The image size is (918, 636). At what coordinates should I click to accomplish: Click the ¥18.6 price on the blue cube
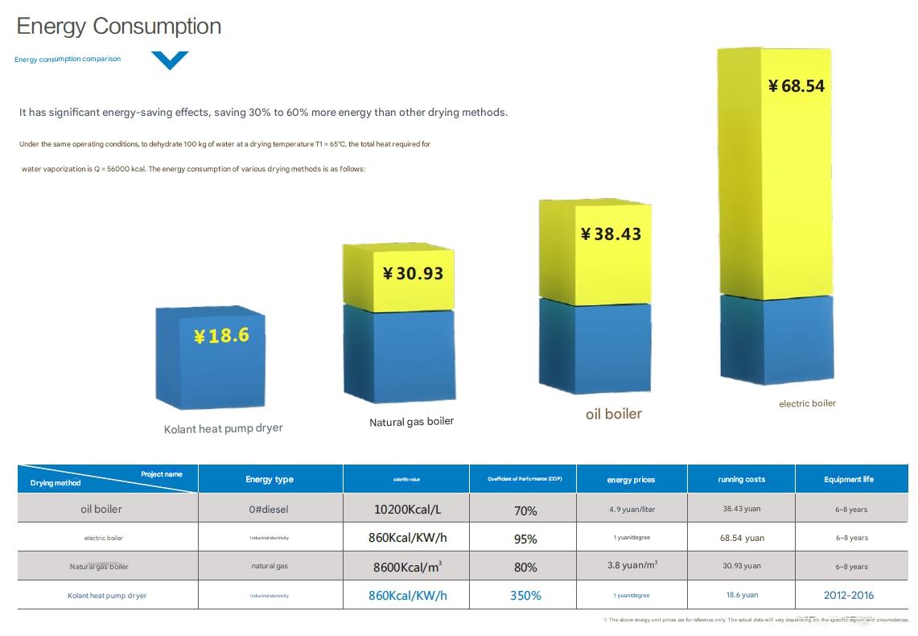pyautogui.click(x=221, y=336)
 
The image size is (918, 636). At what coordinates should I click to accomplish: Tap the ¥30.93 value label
pyautogui.click(x=414, y=274)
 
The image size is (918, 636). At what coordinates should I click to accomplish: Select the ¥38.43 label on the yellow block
pyautogui.click(x=611, y=234)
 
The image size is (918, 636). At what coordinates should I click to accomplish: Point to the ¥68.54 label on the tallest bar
pyautogui.click(x=797, y=86)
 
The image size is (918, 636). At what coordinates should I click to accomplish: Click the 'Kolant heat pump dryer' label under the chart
pyautogui.click(x=224, y=428)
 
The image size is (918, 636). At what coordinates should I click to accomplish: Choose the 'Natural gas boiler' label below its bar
pyautogui.click(x=412, y=422)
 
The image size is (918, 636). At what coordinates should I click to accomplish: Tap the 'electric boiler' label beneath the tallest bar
pyautogui.click(x=807, y=403)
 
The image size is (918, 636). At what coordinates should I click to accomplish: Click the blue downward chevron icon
pyautogui.click(x=170, y=60)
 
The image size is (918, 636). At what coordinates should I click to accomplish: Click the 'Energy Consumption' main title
pyautogui.click(x=119, y=26)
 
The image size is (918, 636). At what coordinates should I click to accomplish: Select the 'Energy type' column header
pyautogui.click(x=270, y=480)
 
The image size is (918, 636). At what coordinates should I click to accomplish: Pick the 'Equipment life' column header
pyautogui.click(x=849, y=480)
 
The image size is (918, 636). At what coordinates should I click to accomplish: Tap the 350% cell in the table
pyautogui.click(x=525, y=596)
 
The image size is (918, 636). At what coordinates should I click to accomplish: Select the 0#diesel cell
pyautogui.click(x=270, y=510)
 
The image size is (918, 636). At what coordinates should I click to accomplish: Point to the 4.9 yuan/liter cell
pyautogui.click(x=632, y=510)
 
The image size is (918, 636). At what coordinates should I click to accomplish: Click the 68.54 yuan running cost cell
pyautogui.click(x=743, y=538)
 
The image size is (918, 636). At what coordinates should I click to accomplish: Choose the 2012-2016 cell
pyautogui.click(x=849, y=596)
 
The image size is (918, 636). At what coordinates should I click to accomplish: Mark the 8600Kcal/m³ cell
pyautogui.click(x=407, y=567)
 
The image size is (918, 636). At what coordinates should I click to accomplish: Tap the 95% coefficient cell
pyautogui.click(x=525, y=539)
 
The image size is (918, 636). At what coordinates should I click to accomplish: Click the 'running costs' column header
pyautogui.click(x=742, y=480)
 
